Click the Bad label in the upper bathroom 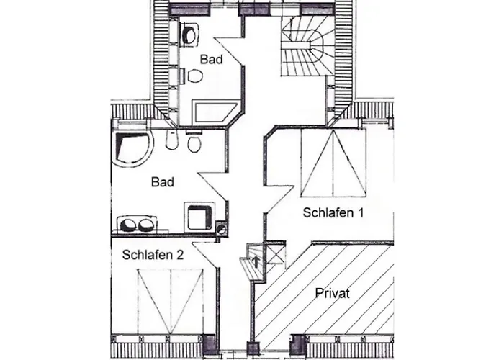point(211,59)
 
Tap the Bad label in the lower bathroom point(163,182)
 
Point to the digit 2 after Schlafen point(179,255)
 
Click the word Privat point(333,293)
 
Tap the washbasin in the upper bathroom point(190,35)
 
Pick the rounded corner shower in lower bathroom point(132,148)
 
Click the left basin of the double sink point(128,224)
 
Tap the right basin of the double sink point(146,224)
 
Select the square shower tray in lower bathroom point(199,217)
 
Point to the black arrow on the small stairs point(256,261)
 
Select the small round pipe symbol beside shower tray point(222,228)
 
